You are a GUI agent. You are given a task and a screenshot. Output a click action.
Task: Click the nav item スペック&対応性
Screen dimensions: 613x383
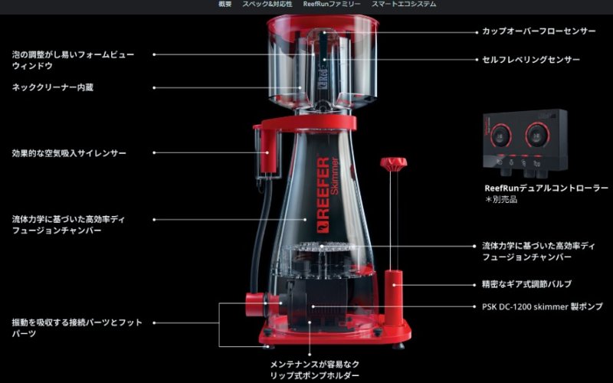[x=267, y=5]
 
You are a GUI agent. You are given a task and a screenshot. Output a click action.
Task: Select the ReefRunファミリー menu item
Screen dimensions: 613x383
[x=332, y=5]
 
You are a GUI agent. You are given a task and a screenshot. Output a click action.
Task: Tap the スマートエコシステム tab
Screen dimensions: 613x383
[x=404, y=5]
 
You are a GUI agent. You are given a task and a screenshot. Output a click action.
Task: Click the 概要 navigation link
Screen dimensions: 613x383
[x=225, y=5]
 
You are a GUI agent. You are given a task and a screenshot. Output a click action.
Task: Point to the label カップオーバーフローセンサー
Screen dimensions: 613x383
[x=539, y=31]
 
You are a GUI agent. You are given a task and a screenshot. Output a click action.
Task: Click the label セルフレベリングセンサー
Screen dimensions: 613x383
[x=531, y=60]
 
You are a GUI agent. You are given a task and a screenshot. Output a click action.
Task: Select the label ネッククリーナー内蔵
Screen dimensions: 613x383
[x=52, y=87]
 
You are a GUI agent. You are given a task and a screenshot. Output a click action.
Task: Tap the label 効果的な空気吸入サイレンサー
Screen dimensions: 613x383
[x=69, y=153]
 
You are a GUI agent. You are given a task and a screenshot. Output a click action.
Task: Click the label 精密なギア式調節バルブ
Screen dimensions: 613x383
[x=526, y=284]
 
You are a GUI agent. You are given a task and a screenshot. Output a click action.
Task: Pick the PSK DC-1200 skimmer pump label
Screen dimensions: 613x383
[x=543, y=307]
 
